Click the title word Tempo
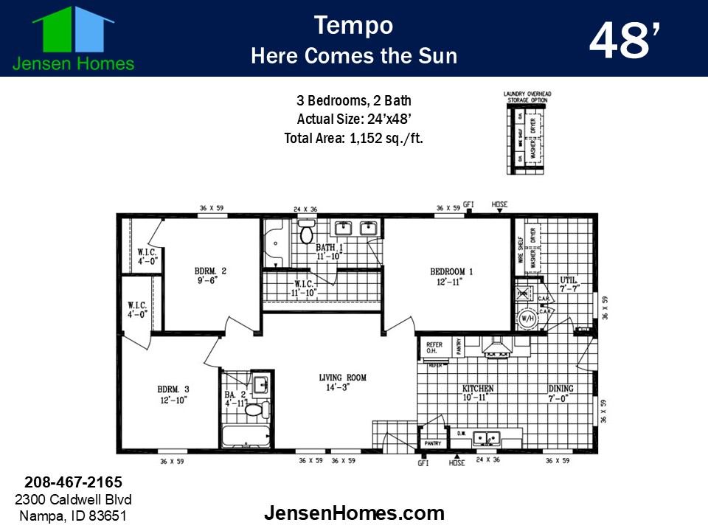click(353, 25)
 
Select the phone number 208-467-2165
click(73, 482)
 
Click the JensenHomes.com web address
click(354, 513)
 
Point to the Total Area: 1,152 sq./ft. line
click(353, 137)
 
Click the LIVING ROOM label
click(342, 378)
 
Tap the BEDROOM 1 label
click(451, 272)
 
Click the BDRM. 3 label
click(173, 389)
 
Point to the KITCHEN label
click(478, 389)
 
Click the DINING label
click(560, 389)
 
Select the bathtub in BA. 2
click(246, 437)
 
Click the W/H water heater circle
click(527, 319)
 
